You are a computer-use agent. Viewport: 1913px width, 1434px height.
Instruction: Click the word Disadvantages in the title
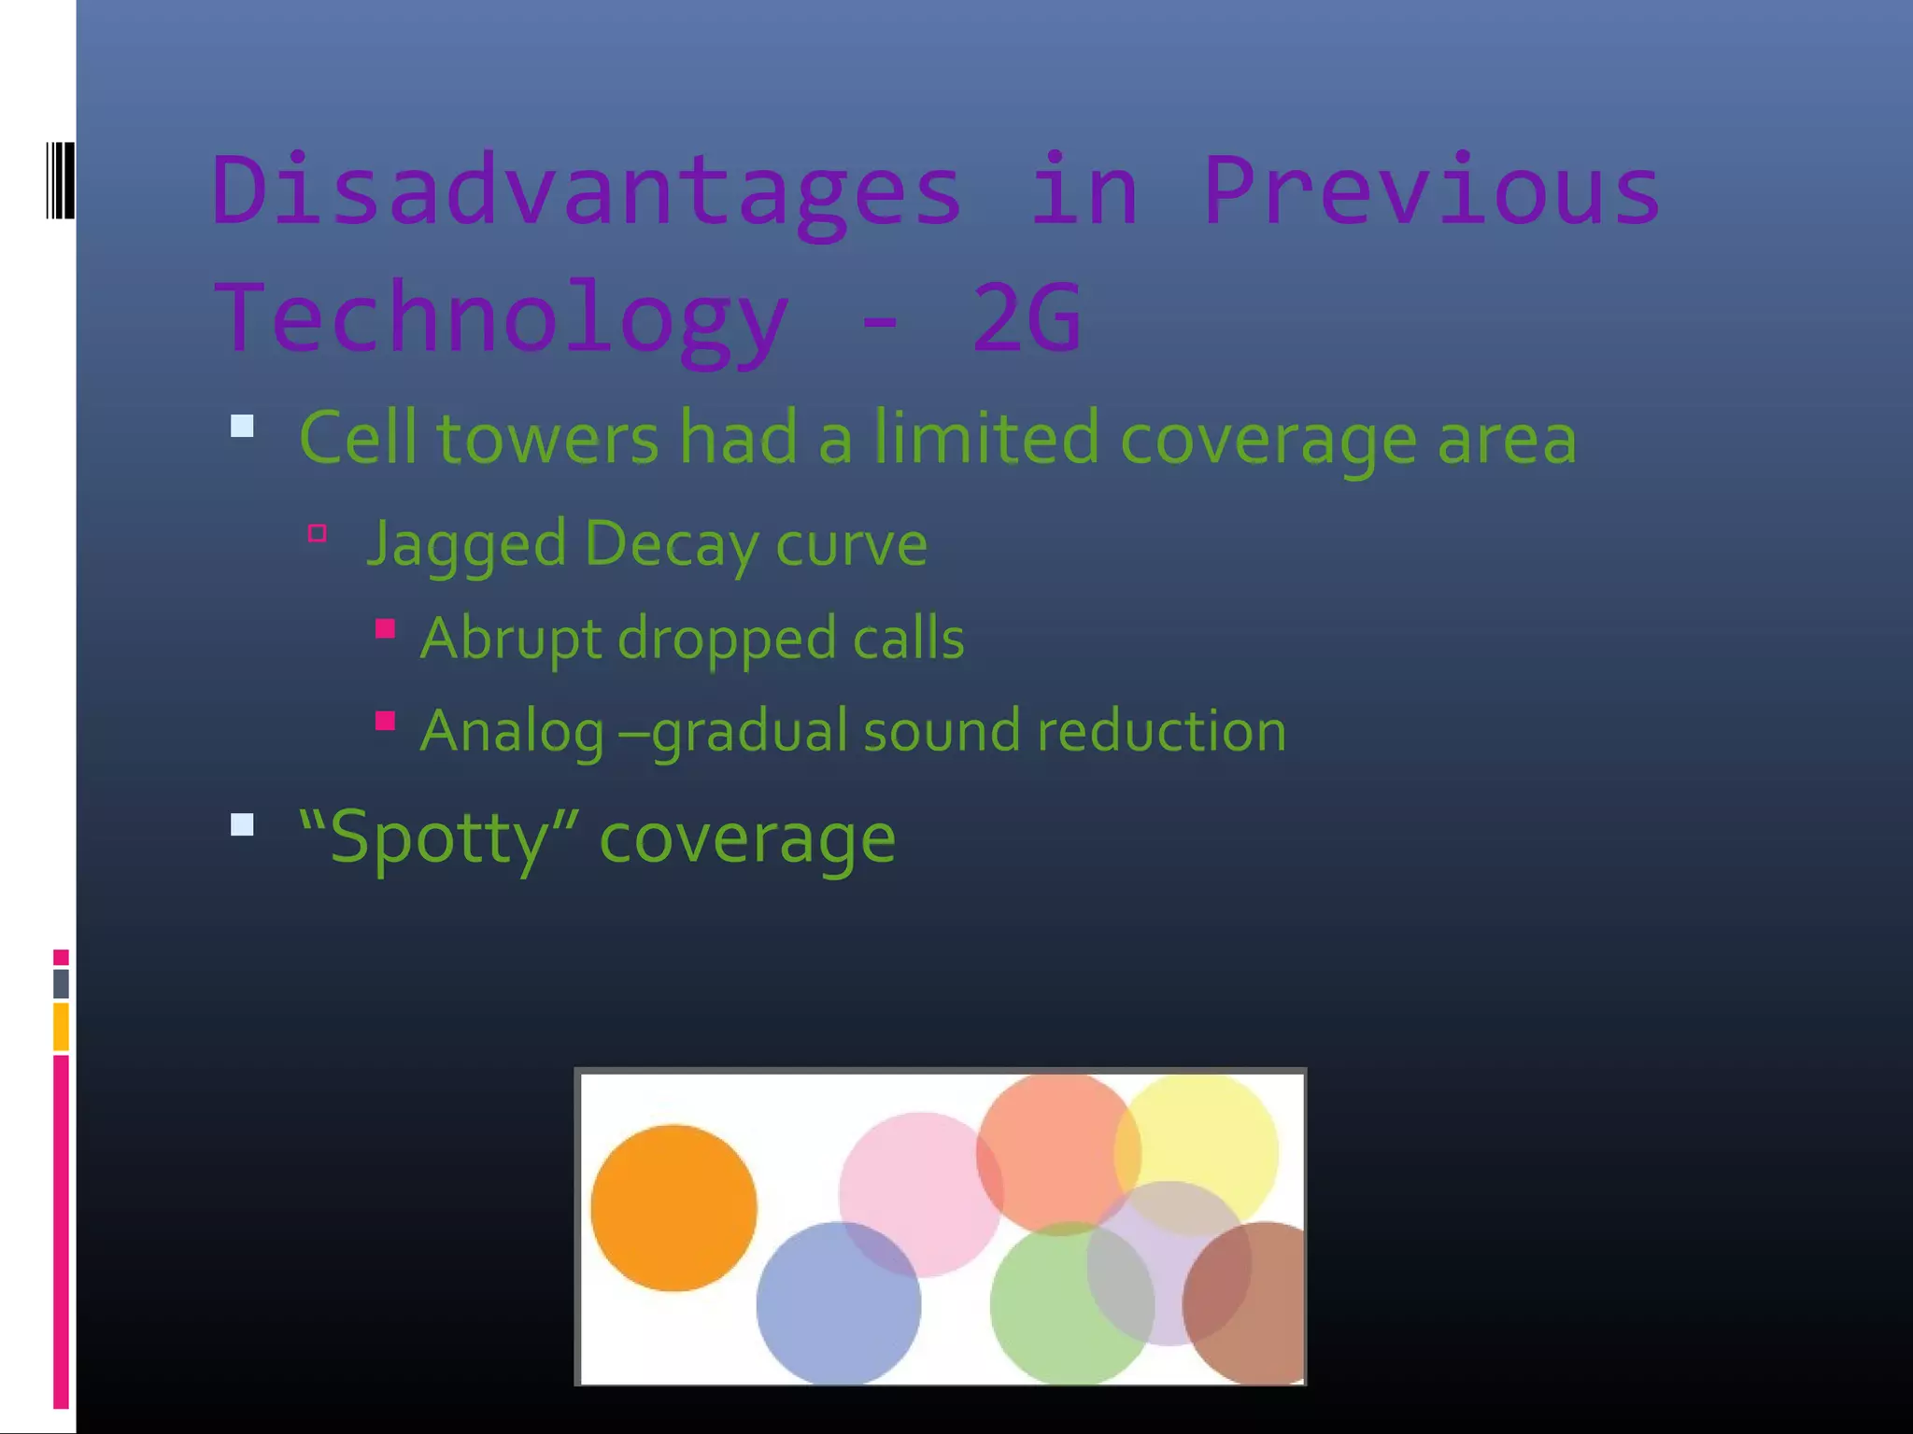pos(587,191)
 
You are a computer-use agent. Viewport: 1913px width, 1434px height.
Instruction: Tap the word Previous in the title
pos(1431,191)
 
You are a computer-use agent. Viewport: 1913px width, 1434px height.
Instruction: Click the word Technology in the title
pos(502,318)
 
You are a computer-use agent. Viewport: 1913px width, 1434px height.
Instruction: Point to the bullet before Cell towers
pos(242,427)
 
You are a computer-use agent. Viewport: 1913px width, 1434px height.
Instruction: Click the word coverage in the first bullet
pos(1268,439)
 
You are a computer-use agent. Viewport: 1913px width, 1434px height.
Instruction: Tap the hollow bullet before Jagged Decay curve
pos(318,533)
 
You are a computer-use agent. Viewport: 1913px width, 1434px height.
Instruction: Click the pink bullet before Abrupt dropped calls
pos(385,628)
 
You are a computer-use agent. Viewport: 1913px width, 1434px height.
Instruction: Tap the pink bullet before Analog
pos(385,721)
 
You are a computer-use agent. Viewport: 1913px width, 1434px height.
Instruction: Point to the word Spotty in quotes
pos(439,837)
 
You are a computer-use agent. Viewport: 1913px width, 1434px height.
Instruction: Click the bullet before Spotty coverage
pos(242,824)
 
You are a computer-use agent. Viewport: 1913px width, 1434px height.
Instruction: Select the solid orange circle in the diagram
pos(673,1208)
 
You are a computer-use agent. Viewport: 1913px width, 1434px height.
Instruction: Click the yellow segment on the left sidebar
pos(61,1026)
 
